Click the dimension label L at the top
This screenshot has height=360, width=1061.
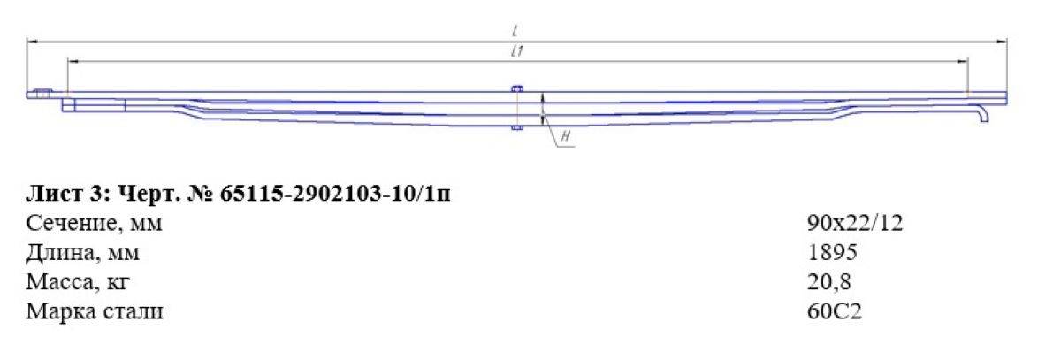point(515,32)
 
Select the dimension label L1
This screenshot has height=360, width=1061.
point(517,51)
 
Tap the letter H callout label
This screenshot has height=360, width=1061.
point(566,136)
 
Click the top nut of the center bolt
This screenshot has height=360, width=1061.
point(517,88)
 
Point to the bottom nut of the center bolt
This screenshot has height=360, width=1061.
point(517,127)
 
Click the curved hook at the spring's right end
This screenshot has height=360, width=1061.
point(985,114)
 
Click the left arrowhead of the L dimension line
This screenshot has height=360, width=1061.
point(32,42)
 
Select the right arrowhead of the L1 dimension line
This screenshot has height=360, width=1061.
point(963,61)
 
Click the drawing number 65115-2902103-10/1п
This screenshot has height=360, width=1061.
point(335,193)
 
